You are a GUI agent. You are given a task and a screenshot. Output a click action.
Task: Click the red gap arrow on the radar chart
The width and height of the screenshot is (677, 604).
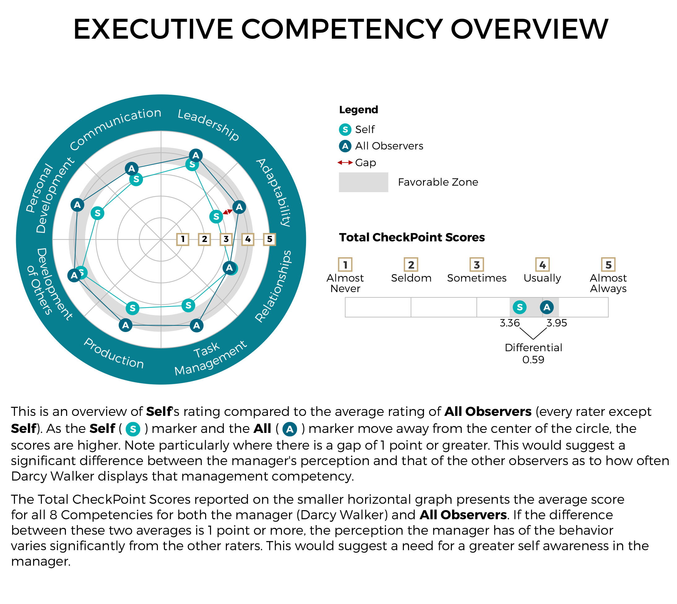pyautogui.click(x=228, y=212)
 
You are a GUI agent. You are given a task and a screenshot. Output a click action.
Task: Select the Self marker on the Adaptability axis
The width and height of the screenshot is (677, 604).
pyautogui.click(x=216, y=217)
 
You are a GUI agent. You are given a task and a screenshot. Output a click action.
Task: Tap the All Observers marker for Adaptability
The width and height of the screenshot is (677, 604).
pyautogui.click(x=239, y=207)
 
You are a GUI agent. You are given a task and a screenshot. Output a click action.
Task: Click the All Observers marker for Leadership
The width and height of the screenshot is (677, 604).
pyautogui.click(x=196, y=155)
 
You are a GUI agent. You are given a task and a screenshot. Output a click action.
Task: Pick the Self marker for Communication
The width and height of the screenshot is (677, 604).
pyautogui.click(x=136, y=179)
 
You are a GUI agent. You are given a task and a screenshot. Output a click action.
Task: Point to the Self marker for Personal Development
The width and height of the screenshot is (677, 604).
pyautogui.click(x=97, y=213)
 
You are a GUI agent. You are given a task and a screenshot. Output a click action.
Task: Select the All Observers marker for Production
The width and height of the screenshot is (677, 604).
pyautogui.click(x=125, y=325)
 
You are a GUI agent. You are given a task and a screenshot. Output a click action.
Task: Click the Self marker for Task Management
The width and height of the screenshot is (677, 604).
pyautogui.click(x=188, y=305)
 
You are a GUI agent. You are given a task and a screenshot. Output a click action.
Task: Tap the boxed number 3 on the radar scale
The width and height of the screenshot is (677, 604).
pyautogui.click(x=226, y=239)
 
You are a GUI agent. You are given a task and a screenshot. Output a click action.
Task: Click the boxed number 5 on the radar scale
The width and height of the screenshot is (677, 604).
pyautogui.click(x=270, y=239)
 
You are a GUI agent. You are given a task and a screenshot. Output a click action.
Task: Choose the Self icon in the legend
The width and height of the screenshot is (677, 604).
pyautogui.click(x=345, y=129)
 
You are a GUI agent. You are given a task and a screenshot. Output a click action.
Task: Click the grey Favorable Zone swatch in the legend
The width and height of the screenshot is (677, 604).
pyautogui.click(x=363, y=182)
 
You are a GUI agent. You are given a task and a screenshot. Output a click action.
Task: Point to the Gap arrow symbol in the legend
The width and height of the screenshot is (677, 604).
pyautogui.click(x=345, y=163)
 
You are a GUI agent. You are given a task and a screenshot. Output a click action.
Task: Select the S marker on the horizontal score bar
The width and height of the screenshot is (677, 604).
pyautogui.click(x=520, y=307)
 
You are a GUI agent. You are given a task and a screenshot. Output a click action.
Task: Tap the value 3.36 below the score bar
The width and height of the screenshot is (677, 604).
pyautogui.click(x=510, y=323)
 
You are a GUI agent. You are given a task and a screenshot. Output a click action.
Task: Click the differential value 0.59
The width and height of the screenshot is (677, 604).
pyautogui.click(x=533, y=360)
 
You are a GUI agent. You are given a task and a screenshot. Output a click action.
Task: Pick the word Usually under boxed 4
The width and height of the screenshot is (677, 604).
pyautogui.click(x=542, y=278)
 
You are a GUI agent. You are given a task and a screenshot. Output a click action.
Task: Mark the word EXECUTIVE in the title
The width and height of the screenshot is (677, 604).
pyautogui.click(x=153, y=29)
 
